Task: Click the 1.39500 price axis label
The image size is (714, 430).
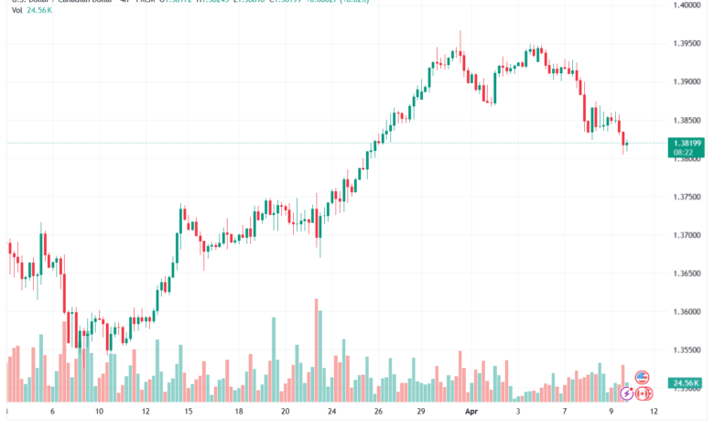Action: click(689, 44)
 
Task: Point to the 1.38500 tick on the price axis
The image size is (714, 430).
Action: click(689, 121)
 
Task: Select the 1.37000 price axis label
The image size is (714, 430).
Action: click(689, 235)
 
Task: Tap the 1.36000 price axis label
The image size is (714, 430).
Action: click(689, 312)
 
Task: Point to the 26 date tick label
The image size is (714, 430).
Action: click(378, 413)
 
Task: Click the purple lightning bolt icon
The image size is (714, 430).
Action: click(625, 393)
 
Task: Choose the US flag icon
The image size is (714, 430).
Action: click(642, 377)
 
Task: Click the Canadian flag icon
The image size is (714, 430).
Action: click(642, 393)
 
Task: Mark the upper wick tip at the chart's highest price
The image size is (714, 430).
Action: click(460, 31)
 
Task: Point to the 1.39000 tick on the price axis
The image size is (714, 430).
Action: click(689, 82)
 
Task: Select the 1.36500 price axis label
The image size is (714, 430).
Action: click(689, 274)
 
